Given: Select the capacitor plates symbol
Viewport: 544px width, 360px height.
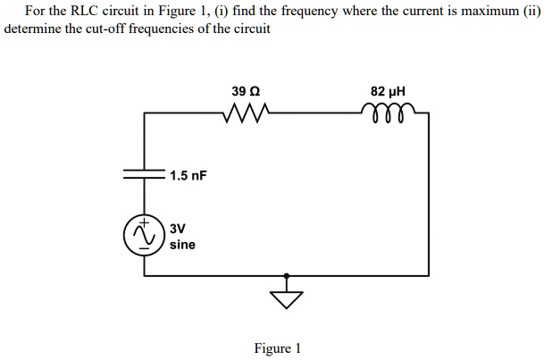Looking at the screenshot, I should coord(145,175).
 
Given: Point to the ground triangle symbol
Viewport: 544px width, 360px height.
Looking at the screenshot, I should coord(286,297).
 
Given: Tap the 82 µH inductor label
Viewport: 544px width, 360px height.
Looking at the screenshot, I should coord(389,91).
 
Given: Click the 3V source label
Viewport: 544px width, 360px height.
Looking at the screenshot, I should coord(179,228).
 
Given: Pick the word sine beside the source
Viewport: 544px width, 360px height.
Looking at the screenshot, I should coord(182,244).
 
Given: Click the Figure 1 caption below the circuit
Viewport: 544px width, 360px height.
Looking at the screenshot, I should coord(277,348).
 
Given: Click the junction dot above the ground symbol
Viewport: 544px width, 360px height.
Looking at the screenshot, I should coord(286,275).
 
